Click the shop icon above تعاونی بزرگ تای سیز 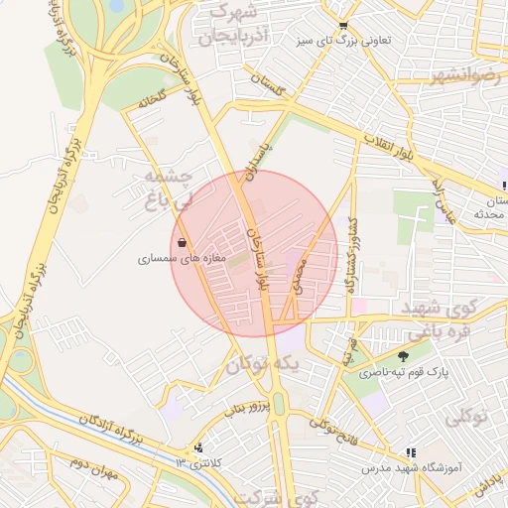[x=343, y=26]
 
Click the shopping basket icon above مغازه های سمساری [x=181, y=242]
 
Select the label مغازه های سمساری [x=183, y=258]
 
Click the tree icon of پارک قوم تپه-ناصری [x=403, y=356]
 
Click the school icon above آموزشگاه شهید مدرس [x=411, y=451]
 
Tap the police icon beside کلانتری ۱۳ [x=199, y=448]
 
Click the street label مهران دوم [x=93, y=470]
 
